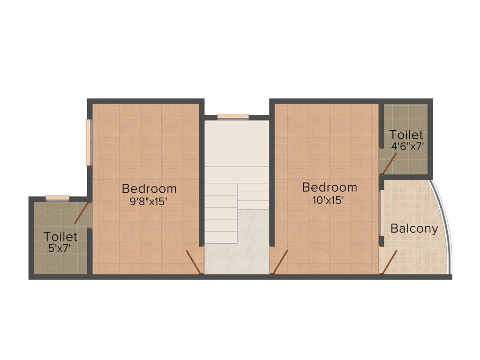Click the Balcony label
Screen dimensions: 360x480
coord(414,229)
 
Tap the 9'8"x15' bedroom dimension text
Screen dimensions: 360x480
coord(149,202)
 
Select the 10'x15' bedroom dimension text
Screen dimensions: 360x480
coord(330,200)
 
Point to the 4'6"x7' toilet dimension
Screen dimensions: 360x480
coord(407,146)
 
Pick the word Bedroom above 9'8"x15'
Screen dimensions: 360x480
coord(149,189)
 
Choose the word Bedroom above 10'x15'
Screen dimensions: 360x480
coord(330,187)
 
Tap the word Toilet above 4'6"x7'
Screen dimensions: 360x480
coord(406,135)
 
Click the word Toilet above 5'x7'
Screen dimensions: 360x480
coord(61,236)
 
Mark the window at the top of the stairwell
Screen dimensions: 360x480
coord(233,117)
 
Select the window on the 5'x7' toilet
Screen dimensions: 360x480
coord(57,197)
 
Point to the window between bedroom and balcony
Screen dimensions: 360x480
coord(382,213)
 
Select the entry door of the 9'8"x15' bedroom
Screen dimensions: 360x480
coord(194,262)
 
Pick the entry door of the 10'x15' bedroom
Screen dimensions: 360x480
coord(279,262)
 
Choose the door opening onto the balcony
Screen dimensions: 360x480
coord(389,262)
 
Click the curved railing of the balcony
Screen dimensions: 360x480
coord(445,220)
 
